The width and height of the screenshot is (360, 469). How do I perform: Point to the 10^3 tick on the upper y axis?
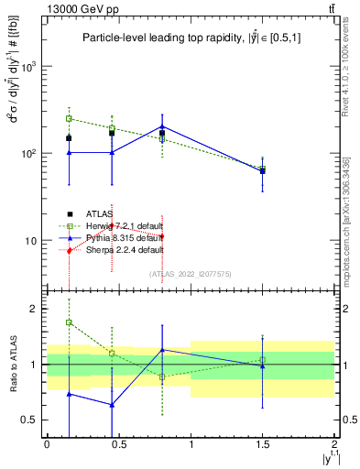[30, 67]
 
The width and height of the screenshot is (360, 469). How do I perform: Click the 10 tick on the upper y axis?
[32, 240]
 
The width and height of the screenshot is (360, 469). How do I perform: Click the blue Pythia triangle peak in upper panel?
[162, 126]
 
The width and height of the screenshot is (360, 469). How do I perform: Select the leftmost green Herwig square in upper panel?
[69, 118]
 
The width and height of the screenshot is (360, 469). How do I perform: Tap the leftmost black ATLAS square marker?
[69, 138]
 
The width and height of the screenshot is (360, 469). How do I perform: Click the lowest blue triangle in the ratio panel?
[112, 404]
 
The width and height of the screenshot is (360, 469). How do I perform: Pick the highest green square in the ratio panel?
[69, 322]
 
